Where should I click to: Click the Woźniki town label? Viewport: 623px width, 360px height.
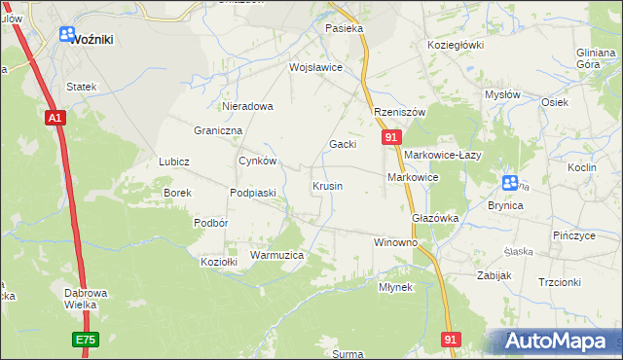pyautogui.click(x=94, y=39)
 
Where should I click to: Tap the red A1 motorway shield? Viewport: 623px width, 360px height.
pyautogui.click(x=55, y=117)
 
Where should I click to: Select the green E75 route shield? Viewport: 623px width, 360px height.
pyautogui.click(x=84, y=340)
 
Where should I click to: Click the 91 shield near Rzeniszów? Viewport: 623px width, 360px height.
pyautogui.click(x=390, y=139)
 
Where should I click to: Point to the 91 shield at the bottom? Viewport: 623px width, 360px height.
pyautogui.click(x=450, y=339)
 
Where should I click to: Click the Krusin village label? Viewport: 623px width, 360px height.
pyautogui.click(x=327, y=185)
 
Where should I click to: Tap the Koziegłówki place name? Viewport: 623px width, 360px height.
pyautogui.click(x=456, y=45)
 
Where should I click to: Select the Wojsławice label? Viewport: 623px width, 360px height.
pyautogui.click(x=315, y=67)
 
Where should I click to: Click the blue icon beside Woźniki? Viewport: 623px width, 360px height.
pyautogui.click(x=67, y=35)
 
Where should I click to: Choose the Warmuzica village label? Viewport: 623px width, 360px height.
pyautogui.click(x=277, y=255)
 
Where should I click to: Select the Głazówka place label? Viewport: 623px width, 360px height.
pyautogui.click(x=435, y=218)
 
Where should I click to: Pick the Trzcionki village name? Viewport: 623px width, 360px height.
pyautogui.click(x=559, y=282)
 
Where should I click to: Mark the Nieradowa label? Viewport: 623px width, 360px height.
pyautogui.click(x=248, y=106)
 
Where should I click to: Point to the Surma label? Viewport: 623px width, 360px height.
pyautogui.click(x=348, y=354)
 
